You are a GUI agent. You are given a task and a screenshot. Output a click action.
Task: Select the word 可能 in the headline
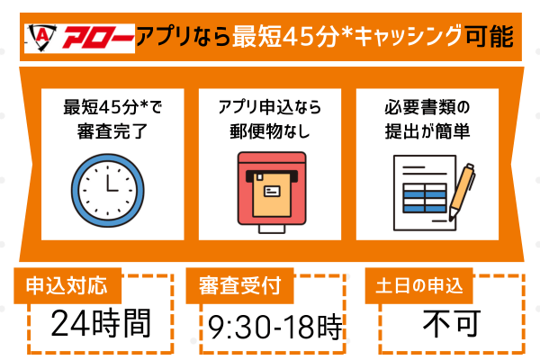[490, 38]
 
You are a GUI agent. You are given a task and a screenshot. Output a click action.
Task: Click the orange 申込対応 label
[67, 287]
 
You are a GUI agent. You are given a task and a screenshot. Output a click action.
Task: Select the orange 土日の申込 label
[419, 287]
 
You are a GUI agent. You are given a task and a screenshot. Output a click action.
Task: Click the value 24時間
[100, 321]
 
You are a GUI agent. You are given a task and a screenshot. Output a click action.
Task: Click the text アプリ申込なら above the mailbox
[271, 107]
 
